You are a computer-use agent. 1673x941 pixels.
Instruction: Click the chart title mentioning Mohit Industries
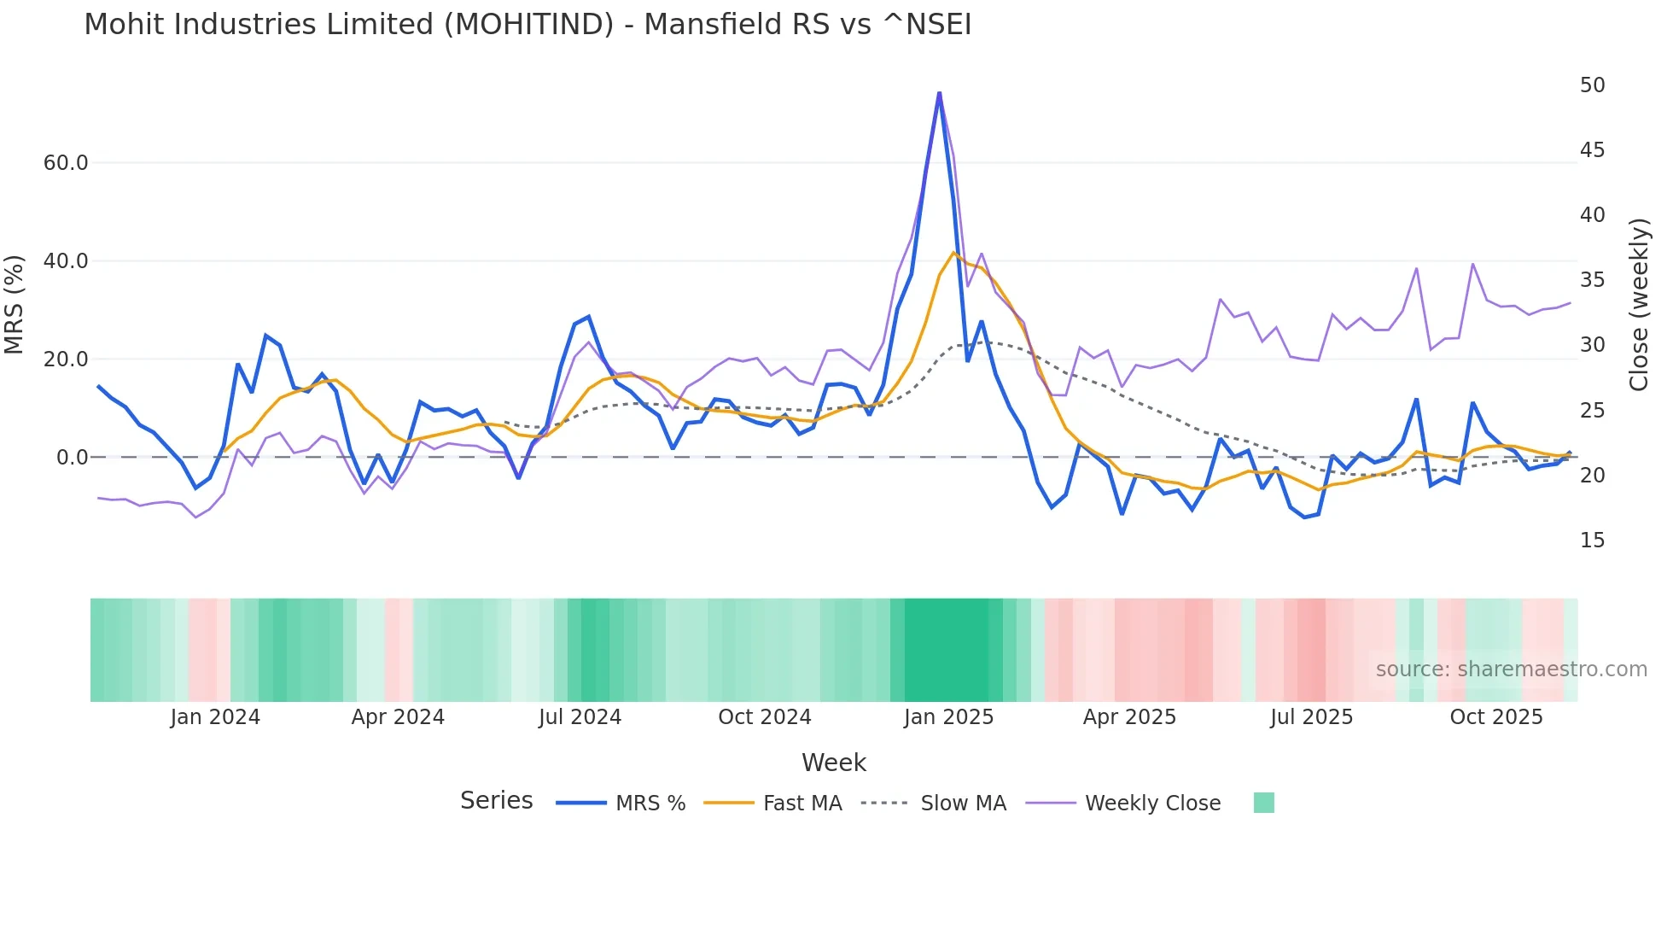pos(528,25)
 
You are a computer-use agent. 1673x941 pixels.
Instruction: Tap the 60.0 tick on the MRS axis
pos(66,163)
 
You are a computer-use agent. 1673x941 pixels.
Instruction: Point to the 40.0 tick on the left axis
pos(66,261)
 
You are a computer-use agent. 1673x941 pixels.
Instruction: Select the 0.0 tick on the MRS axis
pos(73,458)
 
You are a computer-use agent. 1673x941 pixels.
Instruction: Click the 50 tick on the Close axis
pos(1592,85)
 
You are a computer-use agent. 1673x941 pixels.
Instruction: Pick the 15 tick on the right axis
pos(1592,541)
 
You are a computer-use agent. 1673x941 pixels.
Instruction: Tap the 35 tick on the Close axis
pos(1592,280)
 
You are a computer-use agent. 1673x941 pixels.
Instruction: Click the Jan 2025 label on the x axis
pos(948,717)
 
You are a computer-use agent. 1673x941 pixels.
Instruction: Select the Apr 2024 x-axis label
pos(398,717)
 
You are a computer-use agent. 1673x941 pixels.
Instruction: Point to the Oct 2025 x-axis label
pos(1495,717)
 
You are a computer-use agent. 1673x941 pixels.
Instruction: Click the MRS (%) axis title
pos(15,305)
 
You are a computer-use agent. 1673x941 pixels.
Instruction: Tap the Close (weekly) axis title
pos(1638,305)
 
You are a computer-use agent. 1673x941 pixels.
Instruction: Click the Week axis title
pos(833,763)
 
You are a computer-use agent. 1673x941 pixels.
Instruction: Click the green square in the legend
pos(1263,803)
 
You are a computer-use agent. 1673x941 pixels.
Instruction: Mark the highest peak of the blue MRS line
pos(939,93)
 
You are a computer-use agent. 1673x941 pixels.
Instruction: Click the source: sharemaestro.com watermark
pos(1511,669)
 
